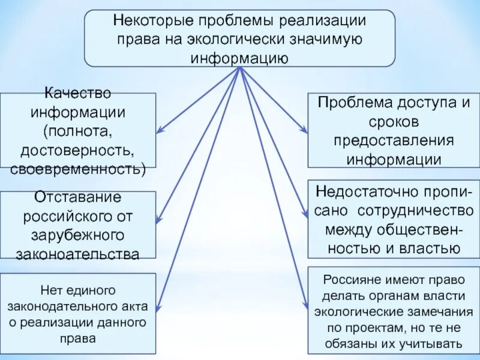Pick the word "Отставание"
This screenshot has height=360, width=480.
tap(77, 197)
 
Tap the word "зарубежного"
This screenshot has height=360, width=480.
tap(77, 235)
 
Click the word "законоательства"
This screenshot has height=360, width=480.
tap(77, 253)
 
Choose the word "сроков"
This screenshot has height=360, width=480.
tap(394, 122)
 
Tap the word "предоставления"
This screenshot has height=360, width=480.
tap(394, 141)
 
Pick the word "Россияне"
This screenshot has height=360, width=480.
tap(352, 280)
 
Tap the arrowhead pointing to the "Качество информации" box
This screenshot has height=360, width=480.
tap(160, 129)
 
